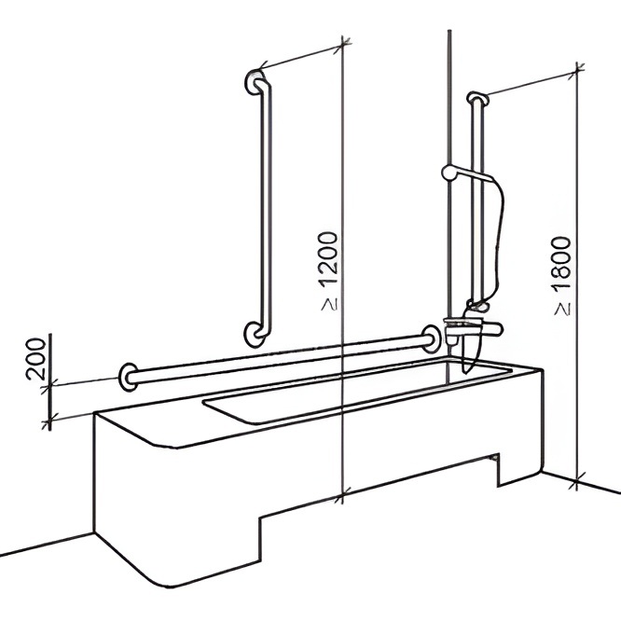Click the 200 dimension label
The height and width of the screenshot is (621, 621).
34,358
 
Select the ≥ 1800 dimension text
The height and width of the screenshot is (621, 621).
562,276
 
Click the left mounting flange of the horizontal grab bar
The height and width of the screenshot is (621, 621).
128,377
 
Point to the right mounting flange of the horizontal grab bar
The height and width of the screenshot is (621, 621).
430,338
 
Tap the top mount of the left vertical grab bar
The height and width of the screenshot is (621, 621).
254,82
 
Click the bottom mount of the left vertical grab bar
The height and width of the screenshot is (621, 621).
254,334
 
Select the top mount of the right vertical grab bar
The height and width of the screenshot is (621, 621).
477,98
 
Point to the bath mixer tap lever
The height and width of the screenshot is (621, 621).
490,328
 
